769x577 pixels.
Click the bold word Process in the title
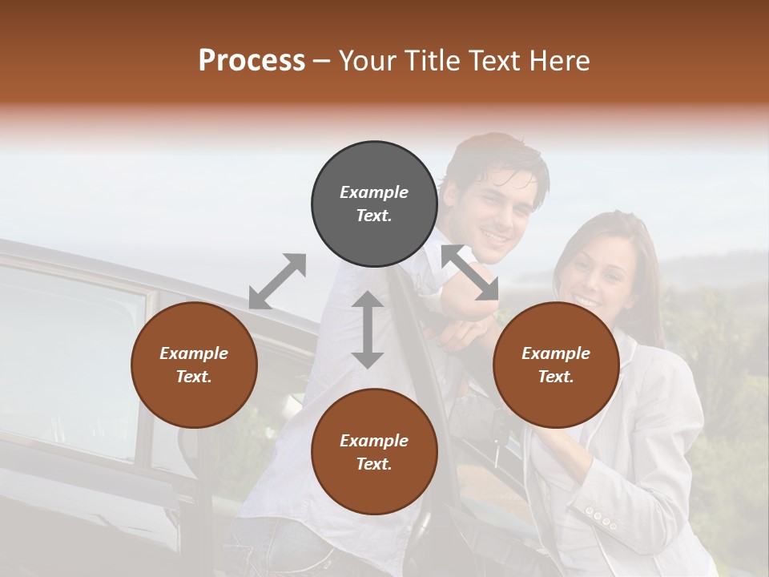point(252,61)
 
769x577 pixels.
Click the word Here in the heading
point(560,61)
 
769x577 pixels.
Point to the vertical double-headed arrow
point(368,329)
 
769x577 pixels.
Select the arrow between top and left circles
point(278,281)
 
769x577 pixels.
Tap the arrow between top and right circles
point(470,272)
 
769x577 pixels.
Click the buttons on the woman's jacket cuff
point(601,518)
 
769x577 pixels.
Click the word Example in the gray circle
point(374,192)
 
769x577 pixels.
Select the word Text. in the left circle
point(194,377)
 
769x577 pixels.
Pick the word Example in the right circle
point(556,353)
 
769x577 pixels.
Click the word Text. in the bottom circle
point(374,464)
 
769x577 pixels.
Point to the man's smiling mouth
point(493,238)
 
